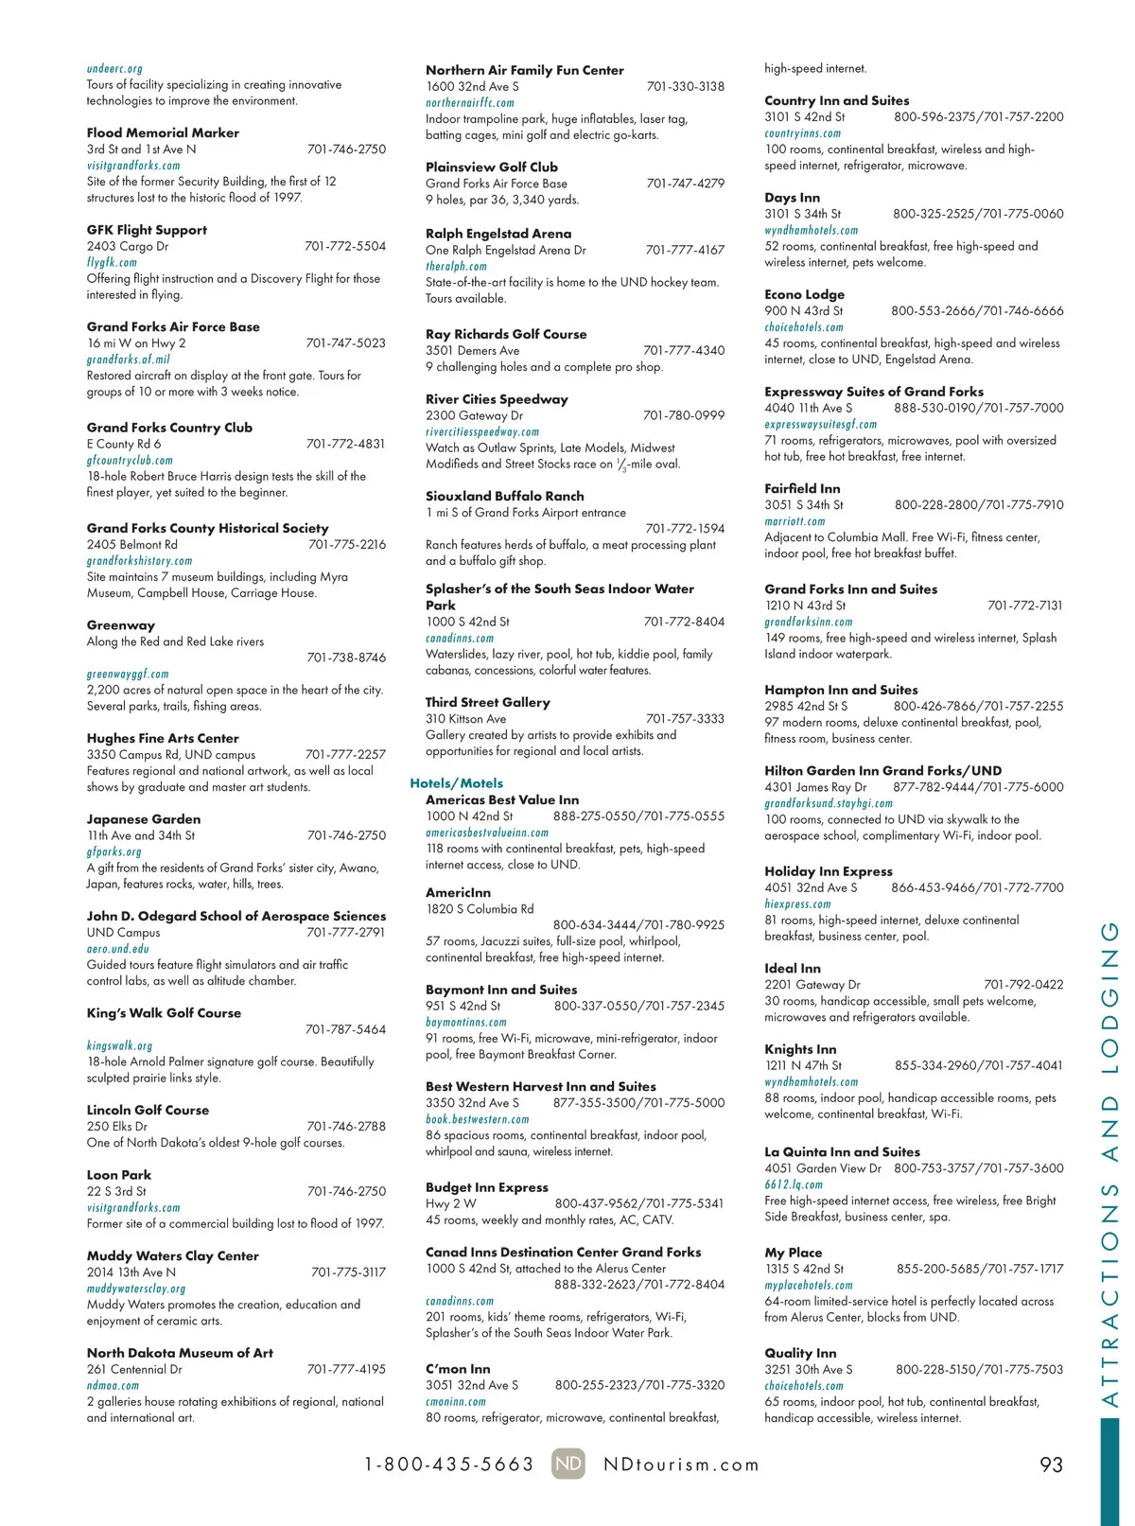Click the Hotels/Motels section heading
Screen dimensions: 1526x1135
coord(456,783)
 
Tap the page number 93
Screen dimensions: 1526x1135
coord(1051,1465)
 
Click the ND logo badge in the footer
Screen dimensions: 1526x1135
coord(567,1464)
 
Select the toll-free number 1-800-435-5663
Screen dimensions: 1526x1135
coord(449,1465)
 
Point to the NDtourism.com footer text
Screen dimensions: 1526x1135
coord(681,1465)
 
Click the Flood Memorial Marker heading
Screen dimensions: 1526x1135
coord(163,133)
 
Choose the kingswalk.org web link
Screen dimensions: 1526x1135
coord(119,1045)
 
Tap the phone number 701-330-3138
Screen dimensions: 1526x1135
coord(685,86)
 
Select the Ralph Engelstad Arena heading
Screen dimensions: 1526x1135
coord(498,234)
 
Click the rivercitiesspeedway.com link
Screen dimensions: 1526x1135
coord(481,431)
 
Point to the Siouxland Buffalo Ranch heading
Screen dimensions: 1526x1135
coord(504,496)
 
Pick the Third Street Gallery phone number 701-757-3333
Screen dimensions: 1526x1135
coord(685,719)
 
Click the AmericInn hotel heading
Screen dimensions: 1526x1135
coord(458,892)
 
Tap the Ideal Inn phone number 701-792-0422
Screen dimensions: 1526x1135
coord(1023,985)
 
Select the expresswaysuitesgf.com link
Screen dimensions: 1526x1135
coord(820,424)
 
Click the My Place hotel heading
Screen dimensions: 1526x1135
coord(793,1253)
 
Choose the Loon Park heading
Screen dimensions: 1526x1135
coord(119,1175)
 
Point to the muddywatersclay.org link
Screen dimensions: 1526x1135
coord(136,1289)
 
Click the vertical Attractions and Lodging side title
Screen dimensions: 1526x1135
coord(1109,1164)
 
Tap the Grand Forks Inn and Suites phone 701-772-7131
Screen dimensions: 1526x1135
coord(1024,605)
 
